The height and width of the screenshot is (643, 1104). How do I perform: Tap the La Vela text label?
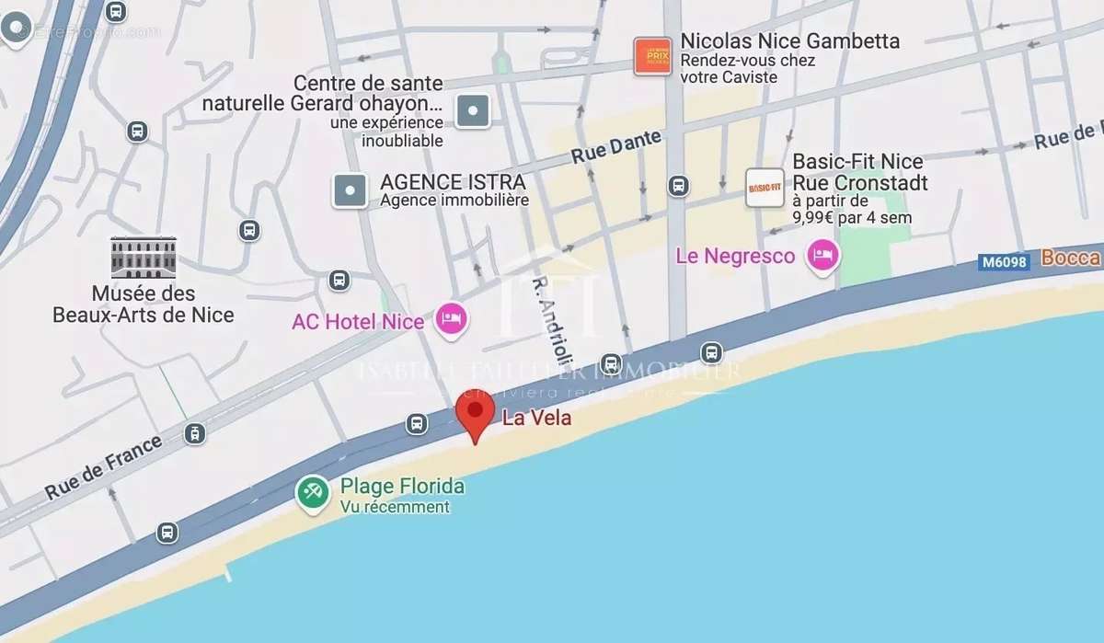coord(536,418)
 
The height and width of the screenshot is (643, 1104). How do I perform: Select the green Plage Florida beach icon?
coord(313,494)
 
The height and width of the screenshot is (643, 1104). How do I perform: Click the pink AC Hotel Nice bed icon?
coord(451,319)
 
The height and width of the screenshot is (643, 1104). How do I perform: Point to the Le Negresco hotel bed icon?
coord(822,256)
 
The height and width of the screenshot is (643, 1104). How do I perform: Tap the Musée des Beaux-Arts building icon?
coord(143,257)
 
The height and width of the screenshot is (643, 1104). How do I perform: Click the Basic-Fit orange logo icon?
coord(765,188)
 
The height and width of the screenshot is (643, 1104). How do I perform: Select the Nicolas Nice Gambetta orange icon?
coord(652,56)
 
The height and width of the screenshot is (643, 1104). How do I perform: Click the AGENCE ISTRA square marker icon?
coord(350,190)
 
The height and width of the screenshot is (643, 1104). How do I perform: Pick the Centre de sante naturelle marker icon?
coord(473,111)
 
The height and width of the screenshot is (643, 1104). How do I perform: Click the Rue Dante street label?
coord(616,147)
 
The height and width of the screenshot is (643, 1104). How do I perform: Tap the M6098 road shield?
coord(1003,262)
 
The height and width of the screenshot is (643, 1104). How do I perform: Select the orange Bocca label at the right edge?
coord(1071,258)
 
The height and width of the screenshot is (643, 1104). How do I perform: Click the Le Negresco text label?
coord(735,256)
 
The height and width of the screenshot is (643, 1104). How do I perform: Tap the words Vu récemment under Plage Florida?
coord(395,507)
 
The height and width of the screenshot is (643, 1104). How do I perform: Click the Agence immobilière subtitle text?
coord(454,200)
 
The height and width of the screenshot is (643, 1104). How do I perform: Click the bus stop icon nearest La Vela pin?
coord(417,423)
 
